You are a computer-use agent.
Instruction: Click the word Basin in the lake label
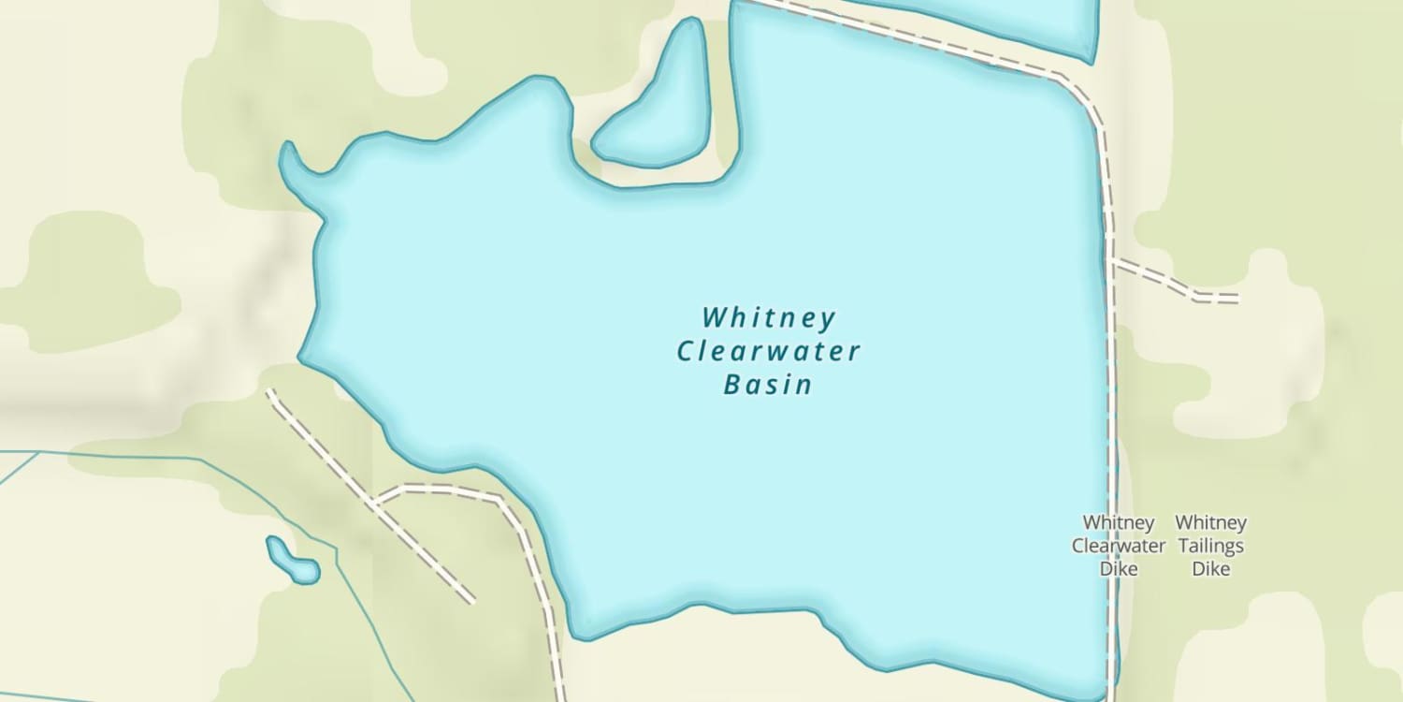(768, 385)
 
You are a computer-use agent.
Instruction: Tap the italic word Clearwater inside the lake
(768, 352)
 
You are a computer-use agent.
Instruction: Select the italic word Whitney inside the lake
(769, 318)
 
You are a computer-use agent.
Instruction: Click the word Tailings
(1210, 546)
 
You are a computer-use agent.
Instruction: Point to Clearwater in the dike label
(1119, 546)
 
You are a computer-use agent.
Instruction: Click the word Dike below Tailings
(1210, 568)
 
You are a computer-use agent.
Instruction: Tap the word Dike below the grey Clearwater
(1119, 568)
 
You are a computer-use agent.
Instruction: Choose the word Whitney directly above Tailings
(1210, 522)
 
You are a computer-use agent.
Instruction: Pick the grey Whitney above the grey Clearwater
(1119, 522)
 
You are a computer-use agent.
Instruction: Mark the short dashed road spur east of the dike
(1174, 281)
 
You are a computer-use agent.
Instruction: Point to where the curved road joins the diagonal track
(375, 503)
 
